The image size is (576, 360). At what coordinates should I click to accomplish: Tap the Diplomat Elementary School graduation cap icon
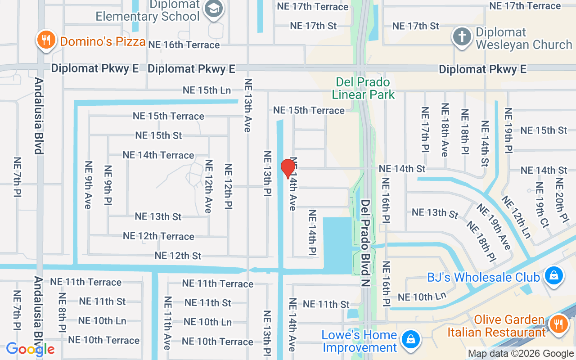(x=213, y=9)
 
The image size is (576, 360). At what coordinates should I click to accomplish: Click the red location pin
(x=288, y=169)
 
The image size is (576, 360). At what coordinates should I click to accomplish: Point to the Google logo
(x=30, y=349)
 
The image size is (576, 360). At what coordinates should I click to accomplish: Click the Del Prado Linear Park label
(x=363, y=88)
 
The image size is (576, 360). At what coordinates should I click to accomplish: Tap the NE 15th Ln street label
(x=207, y=90)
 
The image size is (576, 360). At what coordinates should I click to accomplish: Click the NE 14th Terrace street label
(x=158, y=155)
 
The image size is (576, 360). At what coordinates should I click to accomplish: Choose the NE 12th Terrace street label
(x=158, y=236)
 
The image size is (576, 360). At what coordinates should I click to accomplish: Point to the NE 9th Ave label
(x=88, y=184)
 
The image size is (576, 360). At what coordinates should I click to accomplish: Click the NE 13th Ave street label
(x=247, y=105)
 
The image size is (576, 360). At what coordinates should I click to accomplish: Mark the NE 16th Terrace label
(x=184, y=45)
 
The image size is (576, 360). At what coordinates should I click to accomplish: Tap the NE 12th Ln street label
(x=516, y=216)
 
